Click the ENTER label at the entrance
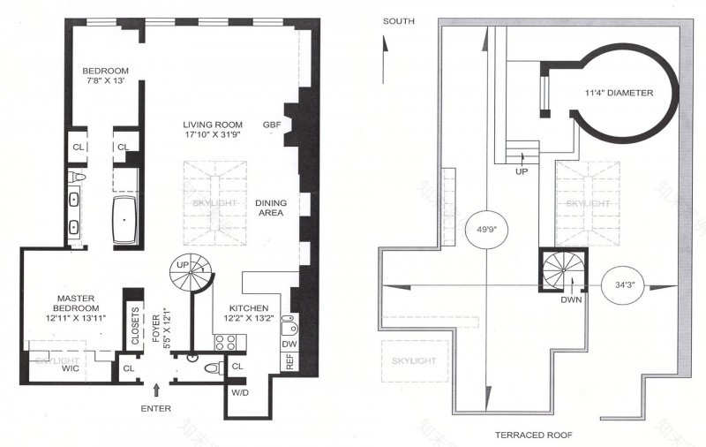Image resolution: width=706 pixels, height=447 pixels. tap(155, 407)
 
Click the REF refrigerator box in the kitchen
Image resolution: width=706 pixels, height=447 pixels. tap(287, 361)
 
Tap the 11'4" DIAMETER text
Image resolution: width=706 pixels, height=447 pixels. tap(619, 92)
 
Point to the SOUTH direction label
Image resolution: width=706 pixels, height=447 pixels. tap(401, 19)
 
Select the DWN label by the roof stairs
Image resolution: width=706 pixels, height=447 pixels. tap(570, 299)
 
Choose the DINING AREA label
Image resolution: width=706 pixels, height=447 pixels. tap(270, 208)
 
